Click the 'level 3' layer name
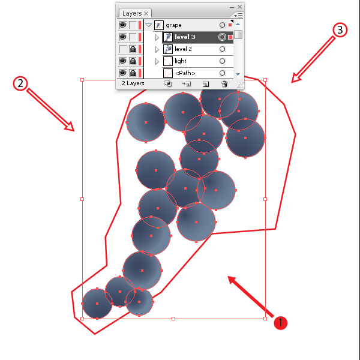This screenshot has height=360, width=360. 185,37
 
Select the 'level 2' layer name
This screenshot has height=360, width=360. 183,49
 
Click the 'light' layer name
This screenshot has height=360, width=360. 180,61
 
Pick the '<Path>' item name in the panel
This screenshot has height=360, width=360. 185,73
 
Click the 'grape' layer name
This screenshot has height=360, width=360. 173,25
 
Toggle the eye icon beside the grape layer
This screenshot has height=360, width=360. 123,25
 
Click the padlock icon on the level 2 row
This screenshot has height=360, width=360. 133,49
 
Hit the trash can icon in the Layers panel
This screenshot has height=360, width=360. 224,84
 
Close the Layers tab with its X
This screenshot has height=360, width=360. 146,14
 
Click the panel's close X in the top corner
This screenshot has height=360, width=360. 239,7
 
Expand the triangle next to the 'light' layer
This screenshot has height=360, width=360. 157,61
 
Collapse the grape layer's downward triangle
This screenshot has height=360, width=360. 149,25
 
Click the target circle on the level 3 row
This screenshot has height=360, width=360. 222,37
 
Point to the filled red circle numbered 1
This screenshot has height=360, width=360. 280,323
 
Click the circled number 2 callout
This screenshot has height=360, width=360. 20,83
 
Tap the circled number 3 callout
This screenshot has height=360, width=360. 340,30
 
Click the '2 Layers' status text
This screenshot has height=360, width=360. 133,83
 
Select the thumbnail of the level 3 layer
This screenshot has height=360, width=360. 168,37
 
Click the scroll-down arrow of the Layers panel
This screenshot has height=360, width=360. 238,74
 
